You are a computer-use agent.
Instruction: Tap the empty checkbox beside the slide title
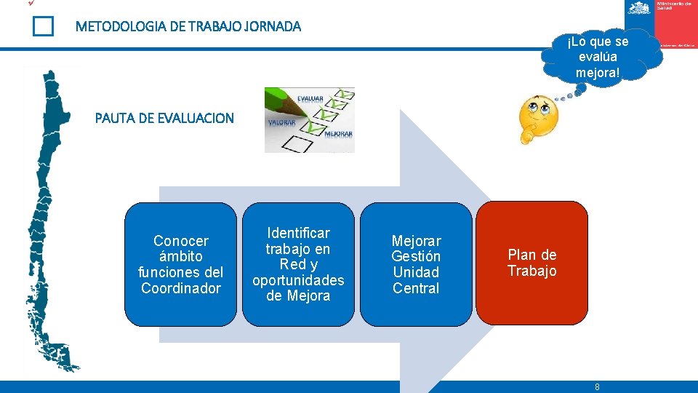point(43,27)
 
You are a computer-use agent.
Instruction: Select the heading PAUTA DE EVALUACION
point(164,118)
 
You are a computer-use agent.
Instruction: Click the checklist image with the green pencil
point(309,120)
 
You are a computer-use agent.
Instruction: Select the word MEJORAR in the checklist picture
point(339,135)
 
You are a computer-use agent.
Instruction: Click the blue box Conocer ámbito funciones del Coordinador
point(181,263)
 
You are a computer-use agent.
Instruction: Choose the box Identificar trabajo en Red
point(298,263)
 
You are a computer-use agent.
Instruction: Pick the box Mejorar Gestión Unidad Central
point(416,263)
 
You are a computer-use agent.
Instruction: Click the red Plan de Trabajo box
point(532,263)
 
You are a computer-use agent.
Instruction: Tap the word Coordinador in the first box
point(181,288)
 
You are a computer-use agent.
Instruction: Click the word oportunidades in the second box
point(298,280)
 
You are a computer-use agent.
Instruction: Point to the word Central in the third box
point(416,288)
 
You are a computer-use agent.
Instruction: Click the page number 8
point(597,387)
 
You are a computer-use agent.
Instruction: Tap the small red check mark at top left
point(31,4)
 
